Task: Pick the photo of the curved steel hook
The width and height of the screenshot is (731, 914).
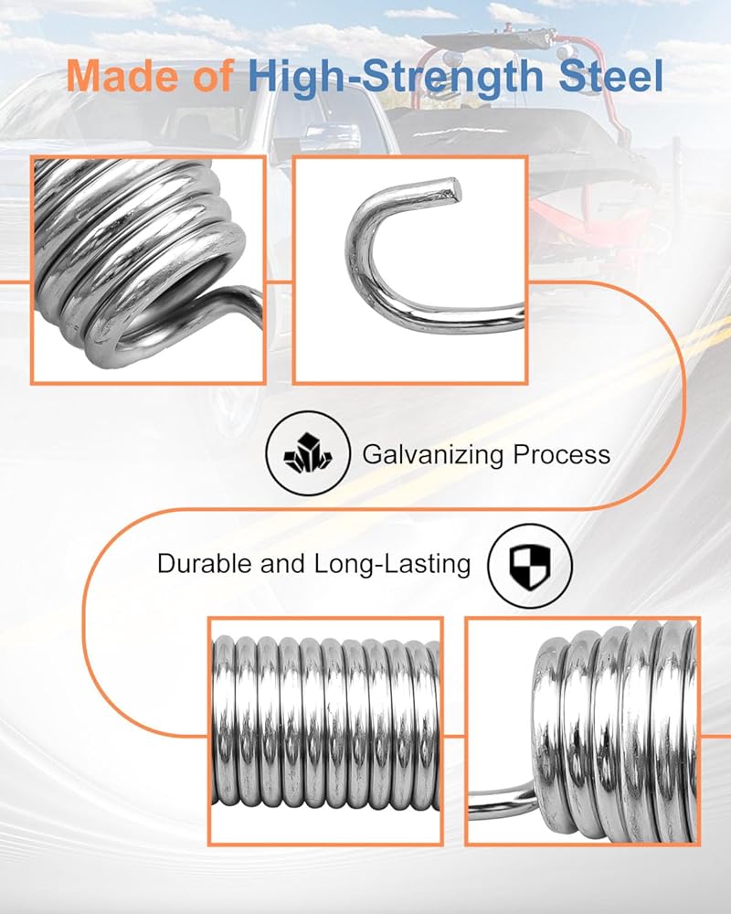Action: (409, 270)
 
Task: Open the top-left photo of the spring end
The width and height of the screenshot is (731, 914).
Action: (148, 270)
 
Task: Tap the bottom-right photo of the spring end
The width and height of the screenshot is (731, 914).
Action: (583, 731)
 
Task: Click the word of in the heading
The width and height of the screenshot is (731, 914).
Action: (212, 77)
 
